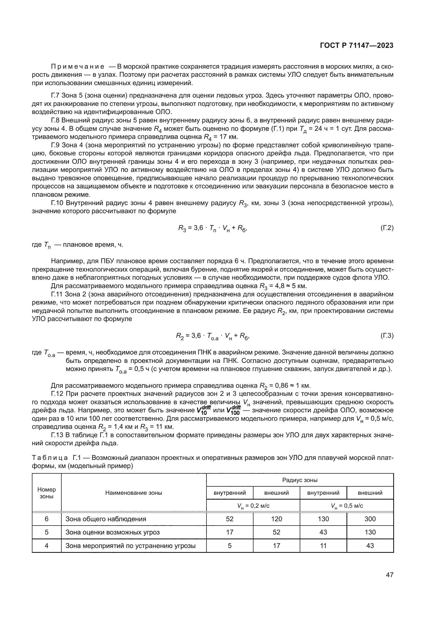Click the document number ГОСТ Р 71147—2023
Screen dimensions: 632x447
[x=356, y=46]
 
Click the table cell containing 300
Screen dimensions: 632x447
[x=370, y=519]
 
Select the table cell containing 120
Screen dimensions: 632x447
[x=276, y=519]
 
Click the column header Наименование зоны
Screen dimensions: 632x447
[x=134, y=493]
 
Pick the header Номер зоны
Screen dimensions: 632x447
[x=46, y=493]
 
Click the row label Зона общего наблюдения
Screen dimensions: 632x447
[x=106, y=519]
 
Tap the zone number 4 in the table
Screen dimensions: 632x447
[x=46, y=545]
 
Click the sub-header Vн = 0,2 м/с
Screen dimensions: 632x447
[x=253, y=506]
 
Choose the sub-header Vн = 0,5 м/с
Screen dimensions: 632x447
[x=346, y=506]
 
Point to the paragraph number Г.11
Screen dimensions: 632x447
[x=57, y=294]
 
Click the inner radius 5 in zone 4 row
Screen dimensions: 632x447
[x=229, y=545]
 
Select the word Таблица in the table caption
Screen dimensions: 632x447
[x=50, y=458]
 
